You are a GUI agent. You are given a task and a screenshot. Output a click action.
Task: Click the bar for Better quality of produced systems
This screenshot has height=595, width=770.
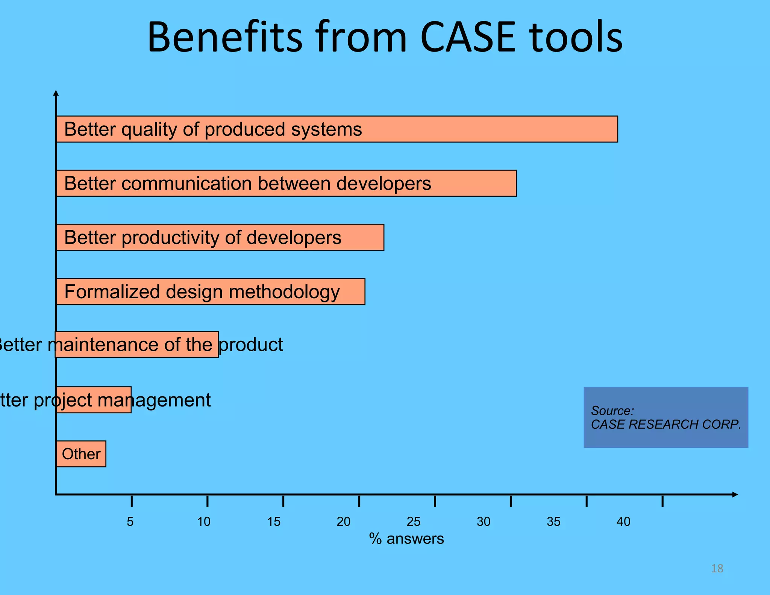pyautogui.click(x=336, y=129)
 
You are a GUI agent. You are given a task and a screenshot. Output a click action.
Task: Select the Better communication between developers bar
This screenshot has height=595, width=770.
pyautogui.click(x=286, y=183)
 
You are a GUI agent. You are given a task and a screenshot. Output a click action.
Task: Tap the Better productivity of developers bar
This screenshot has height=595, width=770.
pyautogui.click(x=220, y=237)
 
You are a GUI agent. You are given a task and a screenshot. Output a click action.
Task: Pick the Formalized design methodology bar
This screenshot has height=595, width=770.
pyautogui.click(x=211, y=291)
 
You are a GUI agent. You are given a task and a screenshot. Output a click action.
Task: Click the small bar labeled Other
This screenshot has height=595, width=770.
pyautogui.click(x=81, y=454)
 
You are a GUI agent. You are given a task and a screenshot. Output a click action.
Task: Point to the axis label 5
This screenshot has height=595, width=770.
pyautogui.click(x=130, y=522)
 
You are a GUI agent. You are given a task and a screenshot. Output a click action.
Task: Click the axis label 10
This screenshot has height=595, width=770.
pyautogui.click(x=204, y=522)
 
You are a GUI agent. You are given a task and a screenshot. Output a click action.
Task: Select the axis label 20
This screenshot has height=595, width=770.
pyautogui.click(x=343, y=522)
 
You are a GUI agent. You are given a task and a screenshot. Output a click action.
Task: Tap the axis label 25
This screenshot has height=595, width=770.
pyautogui.click(x=414, y=522)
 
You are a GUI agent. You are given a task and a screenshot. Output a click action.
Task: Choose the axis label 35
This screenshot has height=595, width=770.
pyautogui.click(x=553, y=522)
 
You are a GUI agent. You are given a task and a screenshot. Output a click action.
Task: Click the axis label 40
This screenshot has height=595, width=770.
pyautogui.click(x=623, y=522)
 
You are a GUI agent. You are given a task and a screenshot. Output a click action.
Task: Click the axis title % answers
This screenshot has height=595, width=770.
pyautogui.click(x=406, y=539)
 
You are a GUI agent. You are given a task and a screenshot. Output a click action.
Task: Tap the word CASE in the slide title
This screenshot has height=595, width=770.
pyautogui.click(x=468, y=38)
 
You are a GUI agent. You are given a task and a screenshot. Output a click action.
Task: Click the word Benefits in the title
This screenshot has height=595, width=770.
pyautogui.click(x=225, y=38)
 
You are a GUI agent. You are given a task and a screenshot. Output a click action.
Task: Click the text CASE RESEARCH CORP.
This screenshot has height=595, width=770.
pyautogui.click(x=665, y=424)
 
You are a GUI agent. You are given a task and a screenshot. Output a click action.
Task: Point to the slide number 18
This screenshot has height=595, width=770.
pyautogui.click(x=717, y=568)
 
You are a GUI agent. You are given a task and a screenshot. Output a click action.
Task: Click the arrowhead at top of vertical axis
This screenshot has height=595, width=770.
pyautogui.click(x=56, y=93)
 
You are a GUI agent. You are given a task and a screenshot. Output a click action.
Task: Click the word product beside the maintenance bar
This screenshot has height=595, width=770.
pyautogui.click(x=251, y=345)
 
